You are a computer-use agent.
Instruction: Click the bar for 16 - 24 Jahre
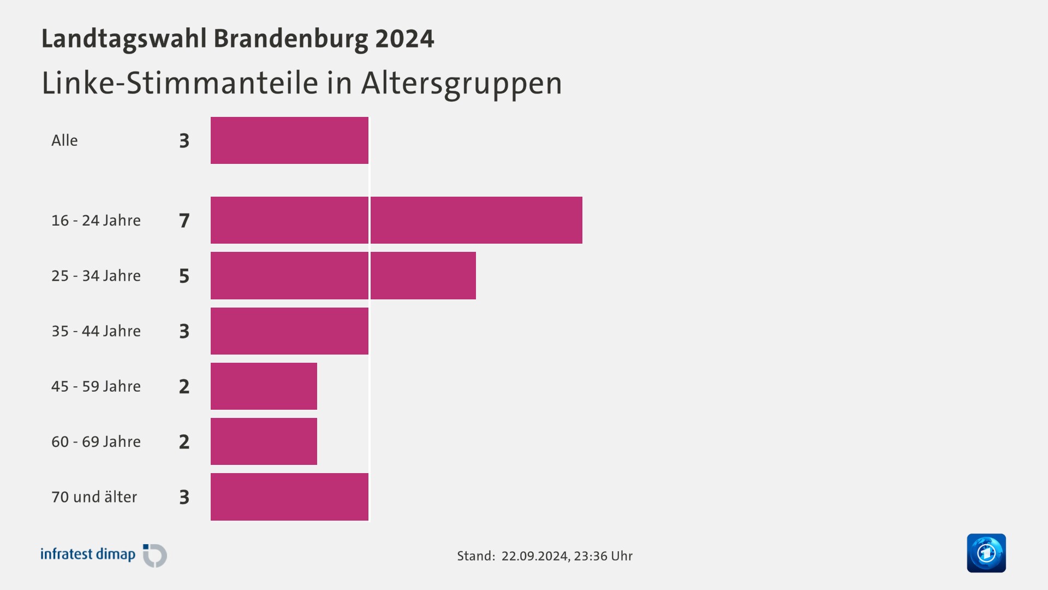(x=396, y=220)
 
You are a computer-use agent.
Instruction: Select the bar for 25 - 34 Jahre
(x=343, y=275)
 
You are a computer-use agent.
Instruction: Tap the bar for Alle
(x=289, y=140)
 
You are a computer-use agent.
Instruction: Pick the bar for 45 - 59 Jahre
(x=264, y=386)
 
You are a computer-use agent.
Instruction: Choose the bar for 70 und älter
(x=289, y=497)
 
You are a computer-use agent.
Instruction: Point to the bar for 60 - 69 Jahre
(x=264, y=441)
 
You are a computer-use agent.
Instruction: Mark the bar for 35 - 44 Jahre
(x=289, y=331)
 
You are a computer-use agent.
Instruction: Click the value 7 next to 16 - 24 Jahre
(x=184, y=221)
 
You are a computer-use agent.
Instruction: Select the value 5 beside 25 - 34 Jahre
(x=184, y=276)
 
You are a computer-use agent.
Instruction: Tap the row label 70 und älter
(x=94, y=497)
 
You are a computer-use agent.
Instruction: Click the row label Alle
(x=64, y=140)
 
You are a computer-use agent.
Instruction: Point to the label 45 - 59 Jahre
(x=96, y=386)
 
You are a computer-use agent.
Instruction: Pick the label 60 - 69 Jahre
(x=96, y=441)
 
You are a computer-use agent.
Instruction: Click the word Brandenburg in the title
(x=290, y=39)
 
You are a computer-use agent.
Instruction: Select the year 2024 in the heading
(x=404, y=39)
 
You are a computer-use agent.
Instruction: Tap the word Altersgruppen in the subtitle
(x=461, y=84)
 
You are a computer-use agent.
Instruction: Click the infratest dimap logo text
(x=88, y=554)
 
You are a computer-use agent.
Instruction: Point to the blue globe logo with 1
(x=986, y=553)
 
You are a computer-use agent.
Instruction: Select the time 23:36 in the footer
(x=590, y=556)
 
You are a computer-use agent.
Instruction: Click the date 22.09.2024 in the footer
(x=534, y=556)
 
